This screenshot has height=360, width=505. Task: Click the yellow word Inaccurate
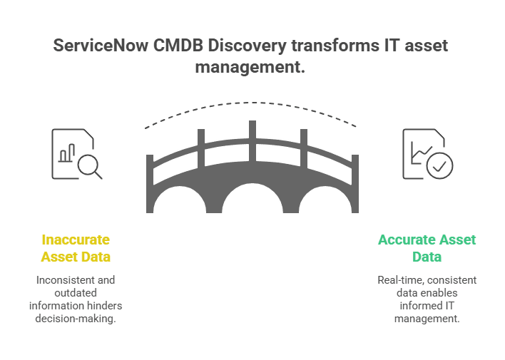click(x=76, y=240)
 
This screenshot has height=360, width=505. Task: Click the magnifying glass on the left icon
click(x=89, y=165)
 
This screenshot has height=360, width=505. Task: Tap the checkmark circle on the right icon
click(x=438, y=165)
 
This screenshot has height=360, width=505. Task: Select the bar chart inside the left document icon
click(x=67, y=153)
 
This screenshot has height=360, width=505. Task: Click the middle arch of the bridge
click(x=252, y=200)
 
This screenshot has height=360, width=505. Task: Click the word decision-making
click(x=76, y=318)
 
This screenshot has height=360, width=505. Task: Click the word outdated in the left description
click(x=76, y=293)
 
